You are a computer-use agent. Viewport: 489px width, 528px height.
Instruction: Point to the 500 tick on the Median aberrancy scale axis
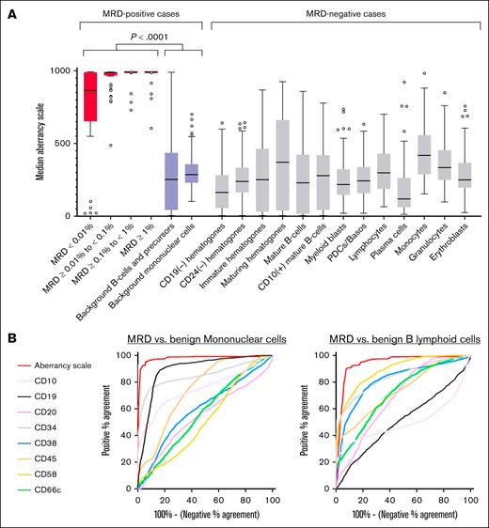[x=56, y=144]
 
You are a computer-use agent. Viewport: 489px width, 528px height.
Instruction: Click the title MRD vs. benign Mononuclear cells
[x=206, y=339]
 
